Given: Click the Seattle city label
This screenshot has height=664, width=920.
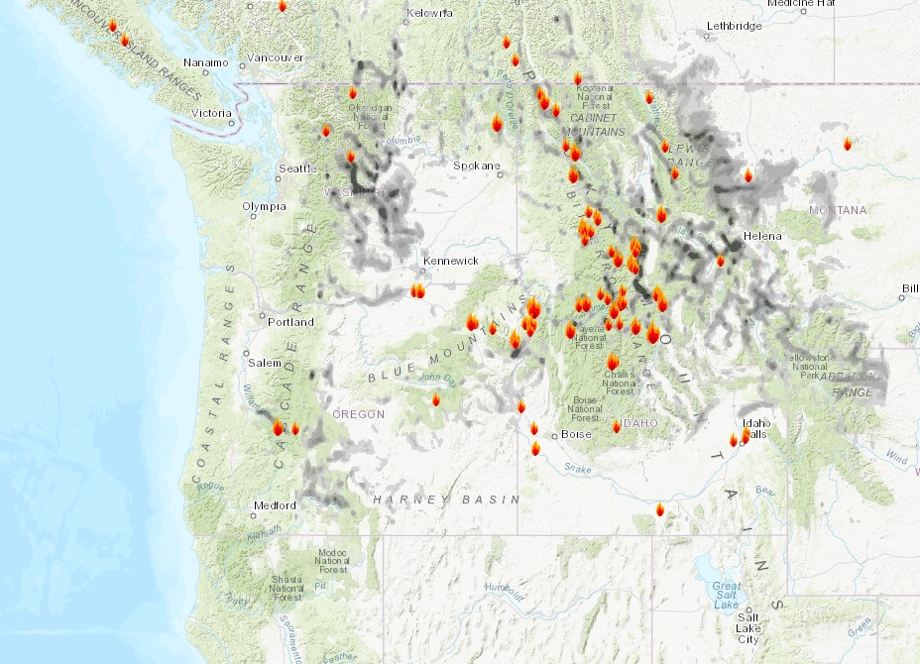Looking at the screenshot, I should (297, 168).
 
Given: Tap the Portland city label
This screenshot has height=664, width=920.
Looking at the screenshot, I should (290, 322).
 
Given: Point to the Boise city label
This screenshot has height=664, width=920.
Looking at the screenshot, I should (576, 434).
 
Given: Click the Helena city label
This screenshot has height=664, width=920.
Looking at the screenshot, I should (763, 236).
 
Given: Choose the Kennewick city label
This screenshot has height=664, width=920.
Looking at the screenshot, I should (451, 261).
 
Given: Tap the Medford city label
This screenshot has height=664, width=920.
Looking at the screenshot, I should (275, 505).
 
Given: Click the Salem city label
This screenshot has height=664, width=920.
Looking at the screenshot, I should (265, 363).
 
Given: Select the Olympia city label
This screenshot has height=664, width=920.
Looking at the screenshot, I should (264, 206).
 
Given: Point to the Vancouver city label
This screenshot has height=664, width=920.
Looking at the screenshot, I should (276, 58).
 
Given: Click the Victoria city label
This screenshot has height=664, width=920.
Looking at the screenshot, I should (211, 113).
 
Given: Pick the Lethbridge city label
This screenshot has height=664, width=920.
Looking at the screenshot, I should (735, 26).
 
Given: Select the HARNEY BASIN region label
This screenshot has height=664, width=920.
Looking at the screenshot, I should (446, 500).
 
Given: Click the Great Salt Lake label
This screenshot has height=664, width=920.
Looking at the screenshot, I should (726, 596).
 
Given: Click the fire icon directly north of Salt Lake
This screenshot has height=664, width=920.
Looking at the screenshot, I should (660, 509).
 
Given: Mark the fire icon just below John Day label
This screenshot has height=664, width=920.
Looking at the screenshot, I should (435, 399).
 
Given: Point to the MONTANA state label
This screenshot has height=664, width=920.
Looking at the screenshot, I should (838, 210).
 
